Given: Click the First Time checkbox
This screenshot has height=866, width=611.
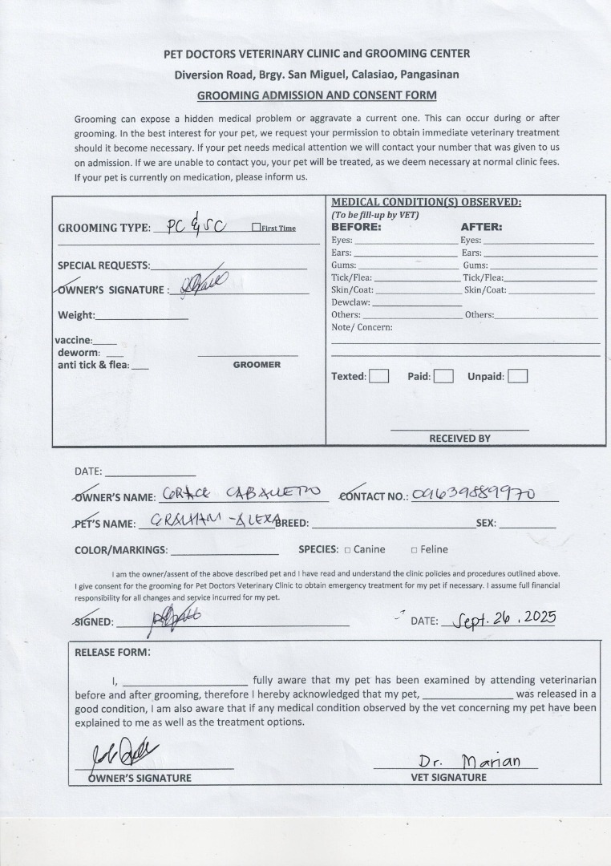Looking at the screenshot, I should point(256,228).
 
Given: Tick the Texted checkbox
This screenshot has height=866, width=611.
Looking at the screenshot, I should point(379,376).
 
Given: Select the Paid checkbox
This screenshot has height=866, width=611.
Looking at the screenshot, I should point(443,376).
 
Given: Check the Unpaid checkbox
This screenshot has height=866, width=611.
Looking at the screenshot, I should point(517,376).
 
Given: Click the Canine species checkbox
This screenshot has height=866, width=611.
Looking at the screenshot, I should point(347,550).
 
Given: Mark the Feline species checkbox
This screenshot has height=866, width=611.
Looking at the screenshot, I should point(414,550).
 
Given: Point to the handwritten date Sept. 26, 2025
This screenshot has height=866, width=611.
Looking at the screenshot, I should point(504,619).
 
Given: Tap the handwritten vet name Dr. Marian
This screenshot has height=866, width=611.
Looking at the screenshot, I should point(469,761).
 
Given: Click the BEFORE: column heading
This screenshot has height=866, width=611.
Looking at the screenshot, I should point(356,227).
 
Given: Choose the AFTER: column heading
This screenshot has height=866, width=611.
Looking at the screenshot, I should point(481,227).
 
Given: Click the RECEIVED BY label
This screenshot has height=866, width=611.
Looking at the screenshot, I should point(459,439).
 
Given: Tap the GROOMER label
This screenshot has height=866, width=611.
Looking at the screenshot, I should point(257,365).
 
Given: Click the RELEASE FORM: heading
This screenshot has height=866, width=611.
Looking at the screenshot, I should point(112,652).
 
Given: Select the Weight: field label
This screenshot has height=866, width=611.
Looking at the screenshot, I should point(76,315).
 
